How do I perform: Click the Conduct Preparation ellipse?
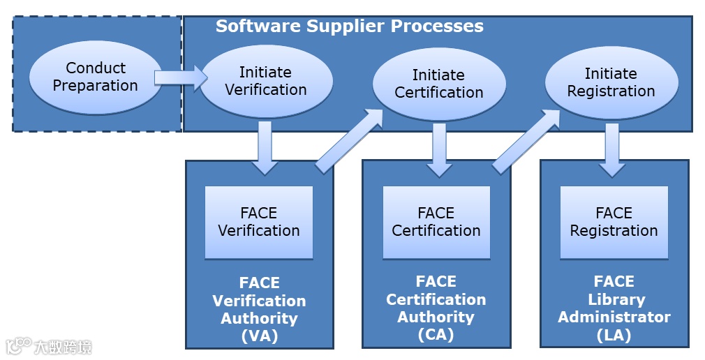(x=96, y=77)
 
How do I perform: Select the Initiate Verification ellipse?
(x=266, y=81)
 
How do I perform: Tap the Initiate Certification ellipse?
(x=438, y=84)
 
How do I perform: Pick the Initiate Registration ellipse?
(x=611, y=82)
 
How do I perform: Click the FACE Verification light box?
(x=259, y=223)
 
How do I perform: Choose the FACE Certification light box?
(x=436, y=223)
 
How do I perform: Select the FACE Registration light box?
(x=614, y=223)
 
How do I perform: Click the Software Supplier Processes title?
(x=349, y=27)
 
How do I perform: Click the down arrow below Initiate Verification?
(x=265, y=147)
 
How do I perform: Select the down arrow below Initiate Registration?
(x=612, y=149)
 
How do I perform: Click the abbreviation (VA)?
(x=259, y=336)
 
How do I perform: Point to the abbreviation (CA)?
(x=436, y=335)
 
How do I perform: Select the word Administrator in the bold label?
(x=614, y=317)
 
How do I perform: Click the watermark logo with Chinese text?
(x=49, y=345)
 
